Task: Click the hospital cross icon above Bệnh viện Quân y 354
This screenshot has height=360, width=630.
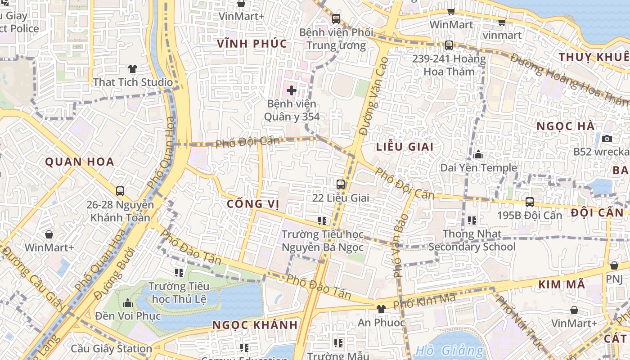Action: click(292, 90)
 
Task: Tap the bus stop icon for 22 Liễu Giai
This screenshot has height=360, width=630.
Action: click(341, 184)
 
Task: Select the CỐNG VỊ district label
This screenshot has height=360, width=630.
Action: click(253, 204)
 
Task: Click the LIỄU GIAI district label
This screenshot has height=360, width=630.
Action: click(405, 147)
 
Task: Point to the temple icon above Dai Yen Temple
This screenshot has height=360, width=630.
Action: click(478, 155)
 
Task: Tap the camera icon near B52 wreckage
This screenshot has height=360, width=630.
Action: click(607, 139)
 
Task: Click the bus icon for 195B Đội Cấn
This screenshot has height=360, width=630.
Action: click(530, 202)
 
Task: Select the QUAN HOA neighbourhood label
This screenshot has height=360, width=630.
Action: click(80, 162)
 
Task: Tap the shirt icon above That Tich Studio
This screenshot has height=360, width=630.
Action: click(132, 69)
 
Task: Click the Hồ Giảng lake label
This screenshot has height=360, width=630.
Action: click(450, 350)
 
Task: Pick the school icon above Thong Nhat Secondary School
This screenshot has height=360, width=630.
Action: click(472, 220)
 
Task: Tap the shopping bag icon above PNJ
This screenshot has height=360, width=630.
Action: click(614, 265)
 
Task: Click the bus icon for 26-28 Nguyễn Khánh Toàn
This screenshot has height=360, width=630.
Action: click(120, 191)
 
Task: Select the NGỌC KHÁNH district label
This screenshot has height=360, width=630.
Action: click(255, 325)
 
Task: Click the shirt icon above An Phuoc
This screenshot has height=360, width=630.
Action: click(381, 309)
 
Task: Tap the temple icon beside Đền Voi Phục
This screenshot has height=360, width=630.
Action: click(128, 302)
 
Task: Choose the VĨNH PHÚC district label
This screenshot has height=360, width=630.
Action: click(252, 44)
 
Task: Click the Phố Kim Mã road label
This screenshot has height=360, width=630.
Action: click(424, 301)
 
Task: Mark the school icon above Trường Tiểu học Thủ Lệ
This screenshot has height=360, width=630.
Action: click(179, 273)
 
